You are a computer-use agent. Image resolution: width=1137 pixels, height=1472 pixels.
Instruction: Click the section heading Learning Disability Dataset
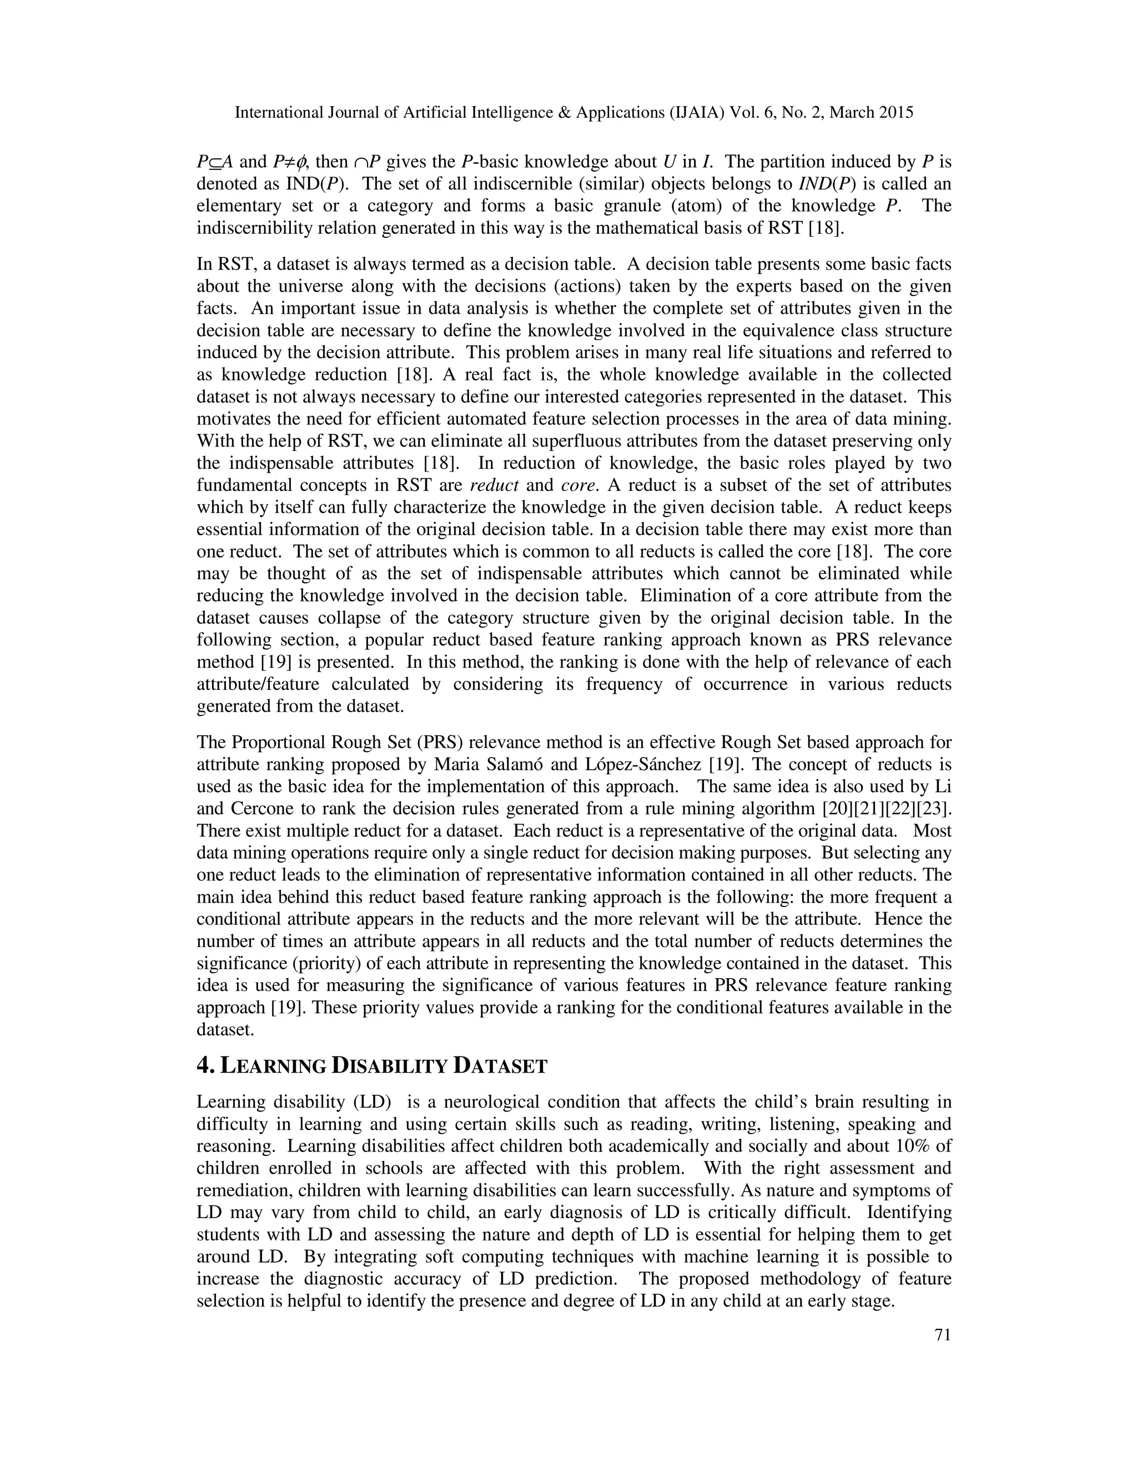pyautogui.click(x=372, y=1065)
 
